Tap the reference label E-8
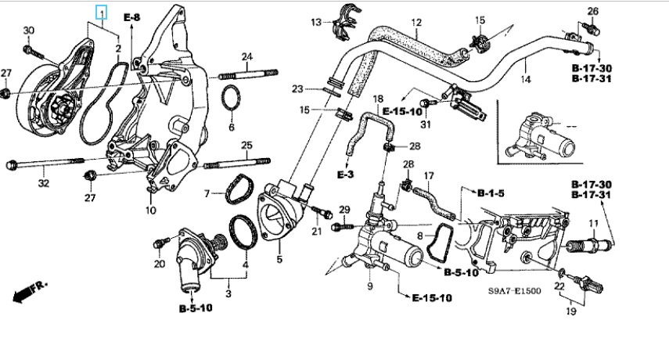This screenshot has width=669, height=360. click(131, 16)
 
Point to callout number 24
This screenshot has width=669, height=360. click(246, 56)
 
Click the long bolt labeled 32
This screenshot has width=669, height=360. click(43, 164)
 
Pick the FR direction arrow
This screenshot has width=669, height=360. click(29, 291)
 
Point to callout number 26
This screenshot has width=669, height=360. click(592, 11)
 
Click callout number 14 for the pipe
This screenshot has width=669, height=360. click(526, 79)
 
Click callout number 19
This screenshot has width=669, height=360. click(571, 311)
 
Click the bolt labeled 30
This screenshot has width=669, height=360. click(34, 52)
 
